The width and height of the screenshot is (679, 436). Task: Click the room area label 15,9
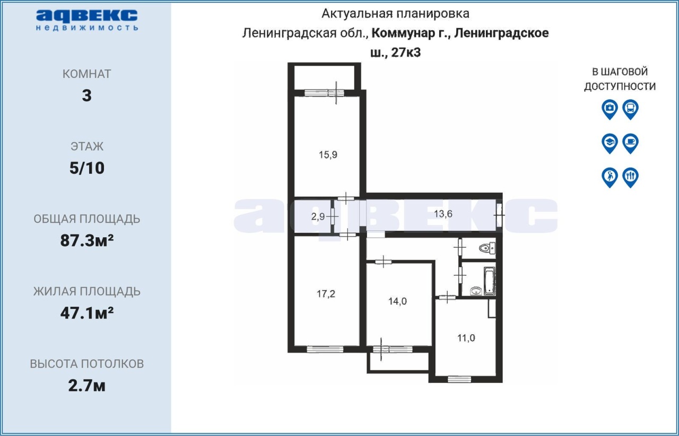point(328,155)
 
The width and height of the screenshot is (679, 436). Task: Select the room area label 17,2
point(326,294)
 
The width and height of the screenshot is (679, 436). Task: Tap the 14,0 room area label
point(397,301)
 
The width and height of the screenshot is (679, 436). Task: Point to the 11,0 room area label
point(466,338)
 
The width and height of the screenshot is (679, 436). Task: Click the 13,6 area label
point(443,214)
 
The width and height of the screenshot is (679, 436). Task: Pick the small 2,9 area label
point(318,216)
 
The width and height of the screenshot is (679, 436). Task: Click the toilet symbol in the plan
point(487,248)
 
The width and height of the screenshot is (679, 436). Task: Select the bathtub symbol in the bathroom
point(489,281)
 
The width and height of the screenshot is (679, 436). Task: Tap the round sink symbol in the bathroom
point(476,291)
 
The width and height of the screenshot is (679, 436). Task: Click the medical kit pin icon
point(610,109)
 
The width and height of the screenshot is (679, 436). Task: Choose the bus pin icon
point(630,109)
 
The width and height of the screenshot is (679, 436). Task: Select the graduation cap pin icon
point(610,143)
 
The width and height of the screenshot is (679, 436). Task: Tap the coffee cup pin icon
point(630,143)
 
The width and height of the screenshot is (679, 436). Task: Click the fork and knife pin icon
point(630,177)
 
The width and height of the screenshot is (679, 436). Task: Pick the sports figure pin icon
point(610,177)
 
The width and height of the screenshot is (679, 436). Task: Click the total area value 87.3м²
point(86,240)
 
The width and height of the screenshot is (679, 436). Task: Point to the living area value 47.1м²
point(86,313)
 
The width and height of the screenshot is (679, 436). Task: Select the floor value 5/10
point(86,168)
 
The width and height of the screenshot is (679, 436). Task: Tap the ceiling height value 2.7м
point(86,386)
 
